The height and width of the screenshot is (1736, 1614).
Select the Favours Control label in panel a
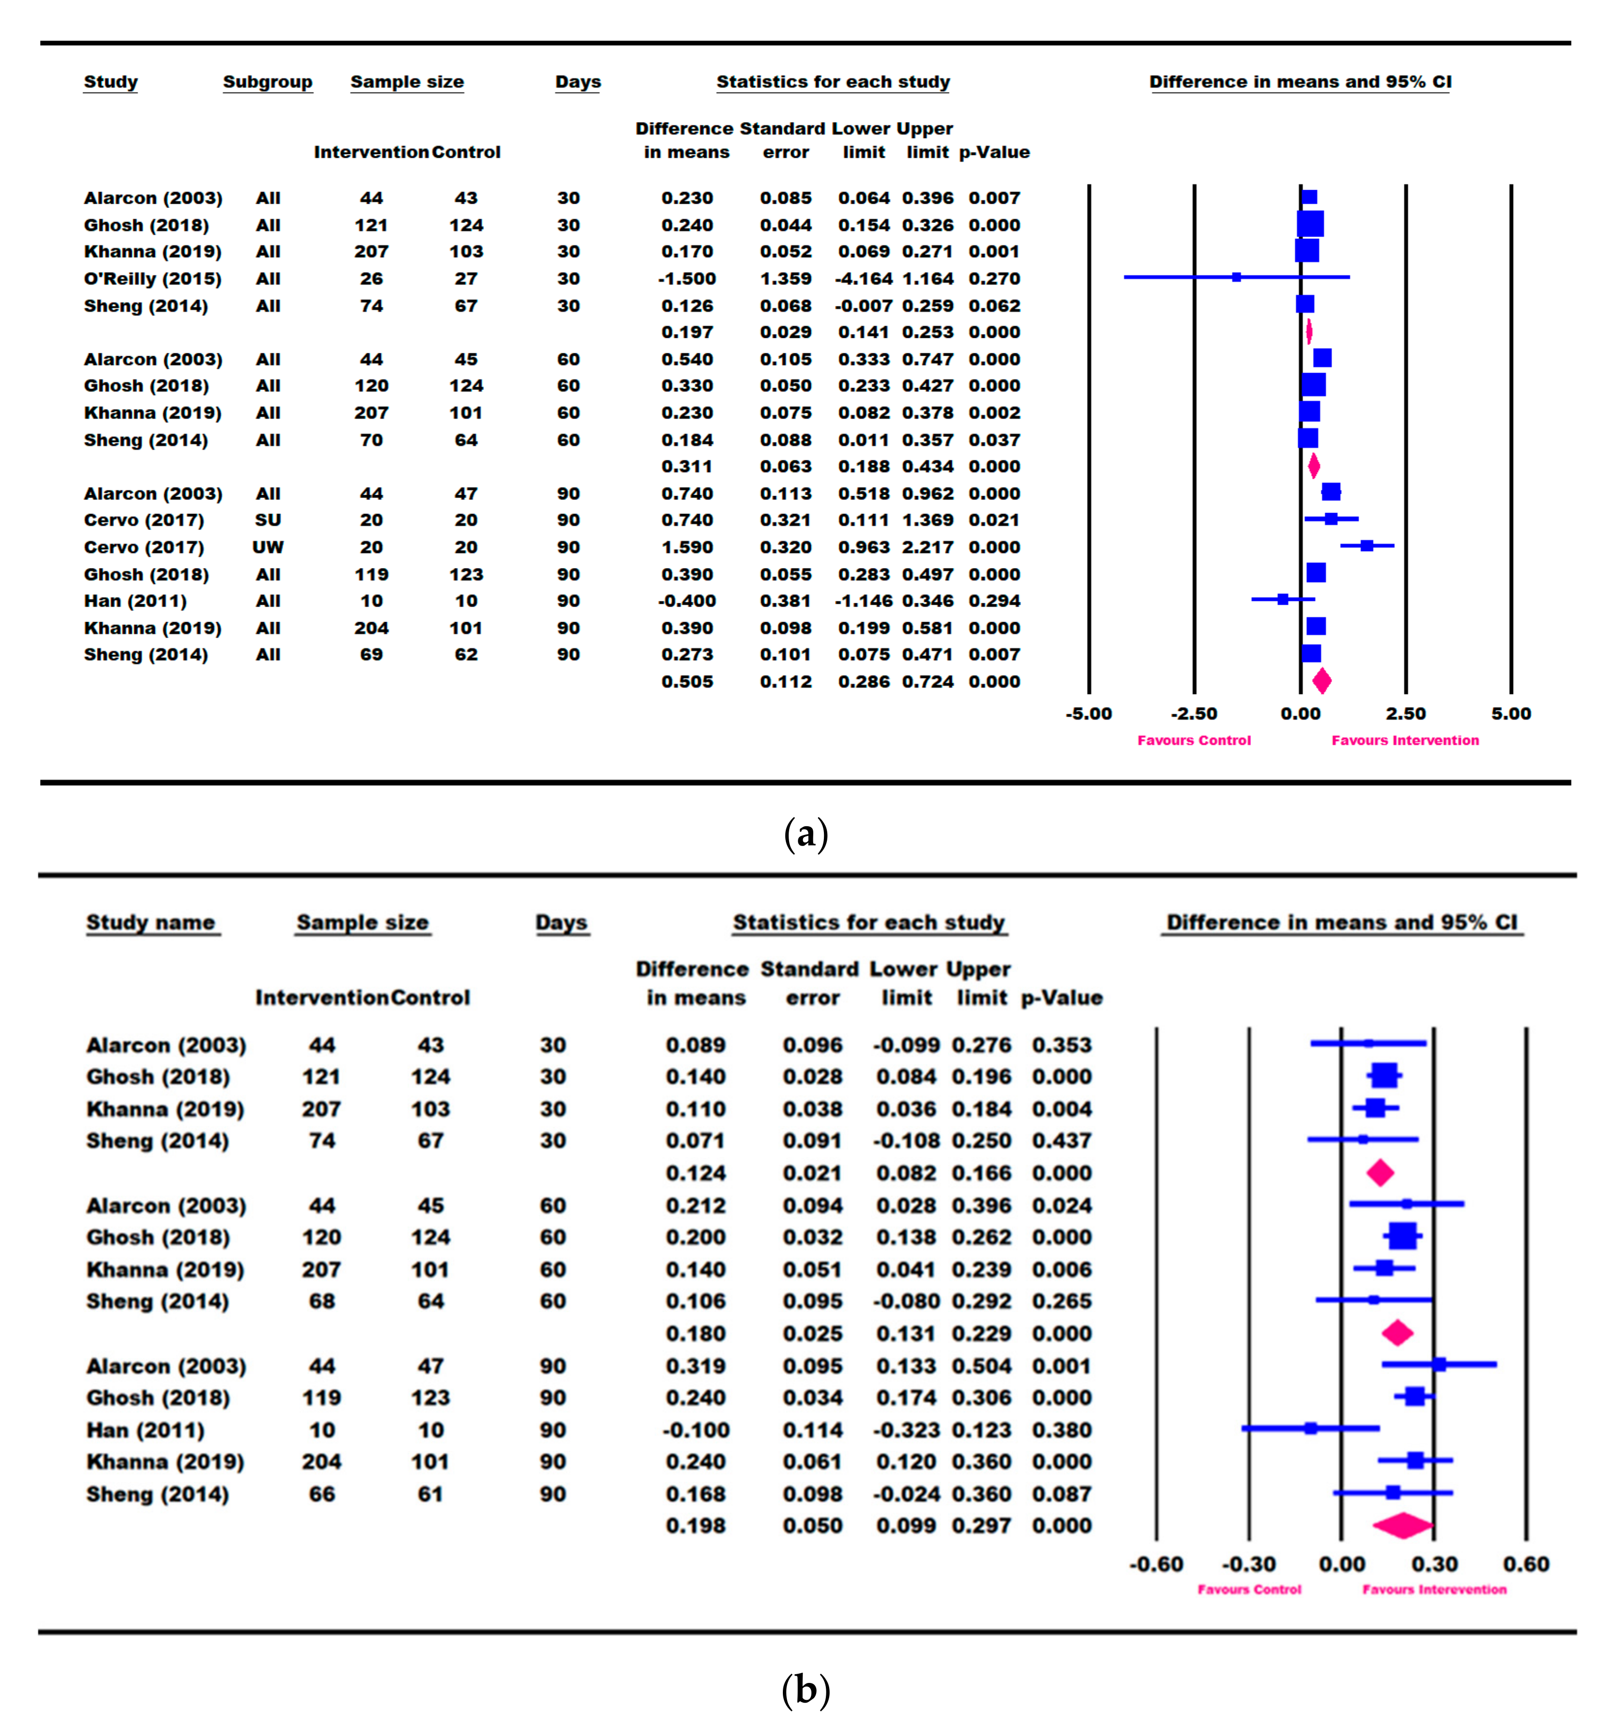(1194, 740)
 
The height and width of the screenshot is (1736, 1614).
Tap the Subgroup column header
(267, 82)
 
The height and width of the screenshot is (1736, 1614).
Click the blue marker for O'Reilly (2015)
(1236, 277)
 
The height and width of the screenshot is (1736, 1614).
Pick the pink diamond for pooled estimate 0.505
(1322, 681)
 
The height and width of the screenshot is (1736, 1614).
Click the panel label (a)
(805, 834)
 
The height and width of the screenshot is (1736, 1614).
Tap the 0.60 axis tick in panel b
(1526, 1564)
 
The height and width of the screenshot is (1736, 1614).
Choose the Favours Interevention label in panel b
(1434, 1589)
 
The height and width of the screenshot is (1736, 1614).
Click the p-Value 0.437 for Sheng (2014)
(1061, 1141)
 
